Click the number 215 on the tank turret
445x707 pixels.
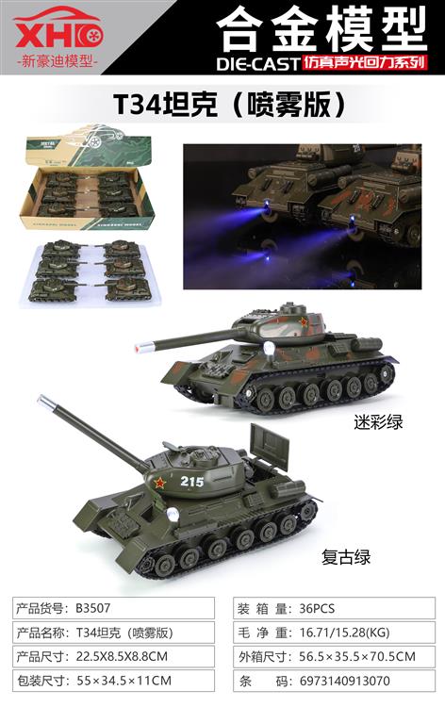(x=192, y=482)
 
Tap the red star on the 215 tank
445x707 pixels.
(x=159, y=485)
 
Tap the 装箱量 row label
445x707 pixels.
(x=257, y=609)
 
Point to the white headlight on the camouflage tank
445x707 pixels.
(x=268, y=351)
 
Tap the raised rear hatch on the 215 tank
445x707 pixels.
(x=267, y=445)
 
